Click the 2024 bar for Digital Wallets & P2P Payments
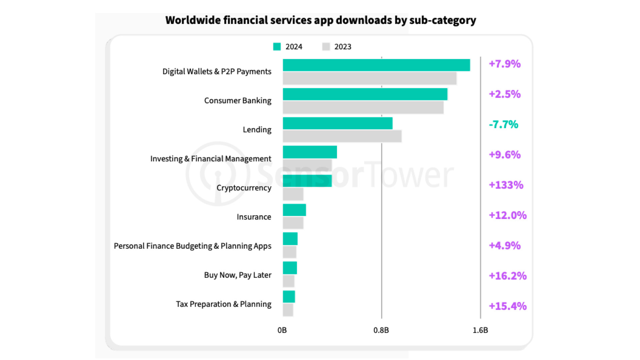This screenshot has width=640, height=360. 376,65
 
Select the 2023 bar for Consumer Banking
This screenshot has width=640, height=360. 363,107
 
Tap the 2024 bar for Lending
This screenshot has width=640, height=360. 338,123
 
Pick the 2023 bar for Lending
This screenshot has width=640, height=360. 342,136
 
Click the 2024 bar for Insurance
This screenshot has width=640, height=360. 294,210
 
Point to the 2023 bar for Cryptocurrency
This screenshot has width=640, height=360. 293,194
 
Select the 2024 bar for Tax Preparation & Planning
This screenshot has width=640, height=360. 289,297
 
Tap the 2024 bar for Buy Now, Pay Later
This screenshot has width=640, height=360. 290,268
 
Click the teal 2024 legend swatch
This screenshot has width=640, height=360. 277,47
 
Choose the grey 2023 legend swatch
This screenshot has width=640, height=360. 326,47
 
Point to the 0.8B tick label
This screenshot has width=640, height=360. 381,330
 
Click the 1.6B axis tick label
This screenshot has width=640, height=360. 480,330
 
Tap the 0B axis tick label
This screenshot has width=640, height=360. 282,330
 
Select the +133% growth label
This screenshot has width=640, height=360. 506,185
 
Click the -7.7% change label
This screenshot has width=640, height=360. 503,124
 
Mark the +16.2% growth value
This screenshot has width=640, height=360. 508,276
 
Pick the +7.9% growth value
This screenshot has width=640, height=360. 505,64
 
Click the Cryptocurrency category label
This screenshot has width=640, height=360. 244,188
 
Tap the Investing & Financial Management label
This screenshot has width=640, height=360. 211,159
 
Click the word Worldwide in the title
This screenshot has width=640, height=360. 193,20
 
